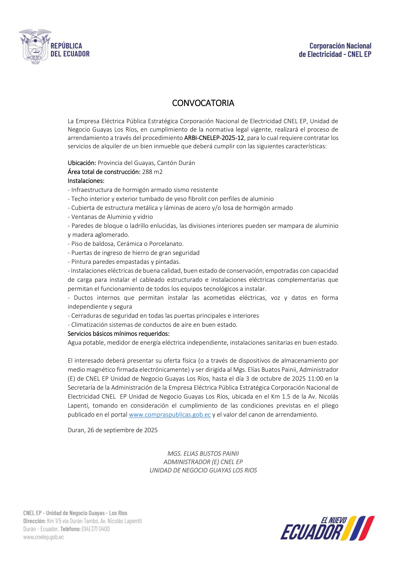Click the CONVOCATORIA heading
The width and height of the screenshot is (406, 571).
[x=203, y=103]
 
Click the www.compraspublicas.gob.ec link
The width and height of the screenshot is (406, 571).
[x=170, y=414]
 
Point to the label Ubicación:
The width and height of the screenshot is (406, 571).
[x=82, y=163]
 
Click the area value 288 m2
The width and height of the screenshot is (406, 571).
[x=152, y=172]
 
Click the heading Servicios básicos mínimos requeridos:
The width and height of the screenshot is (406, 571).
[x=118, y=334]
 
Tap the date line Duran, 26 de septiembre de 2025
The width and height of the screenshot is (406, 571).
[x=113, y=430]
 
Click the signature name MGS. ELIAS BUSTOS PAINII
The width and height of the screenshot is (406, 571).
[x=203, y=453]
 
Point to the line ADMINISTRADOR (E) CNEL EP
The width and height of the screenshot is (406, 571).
[x=203, y=462]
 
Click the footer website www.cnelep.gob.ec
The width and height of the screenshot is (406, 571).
[x=44, y=537]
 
